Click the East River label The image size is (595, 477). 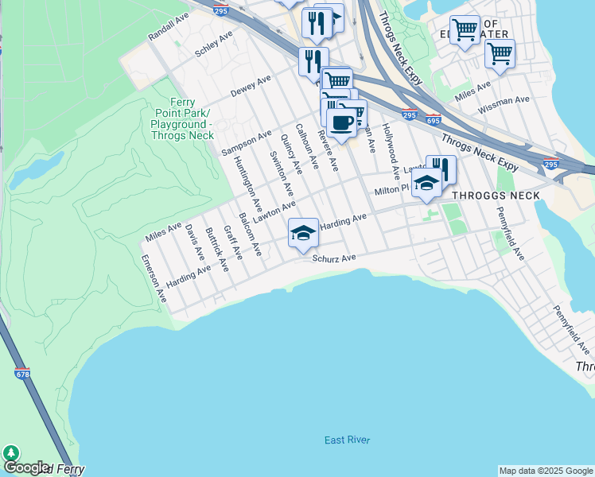point(347,440)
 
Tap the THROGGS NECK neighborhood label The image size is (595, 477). point(489,195)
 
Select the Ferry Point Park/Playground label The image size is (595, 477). point(182,119)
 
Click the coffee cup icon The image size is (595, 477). point(342,124)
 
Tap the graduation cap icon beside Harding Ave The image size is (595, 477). point(303,234)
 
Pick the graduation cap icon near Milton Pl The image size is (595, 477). point(426,183)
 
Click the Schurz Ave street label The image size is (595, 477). point(332,258)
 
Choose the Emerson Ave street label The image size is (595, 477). point(154,278)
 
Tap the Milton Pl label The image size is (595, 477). point(391,190)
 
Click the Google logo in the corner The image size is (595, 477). point(25,468)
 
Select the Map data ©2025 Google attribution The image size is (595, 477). point(546,471)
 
